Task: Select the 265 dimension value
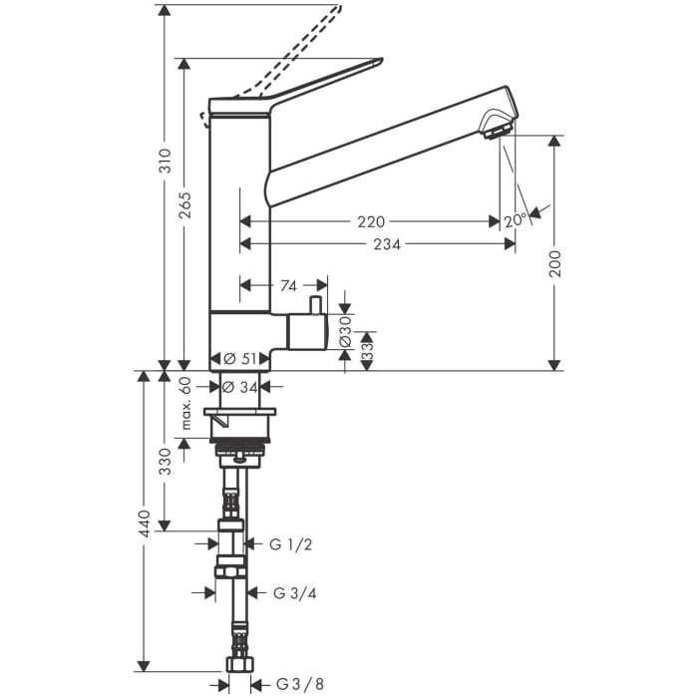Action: pos(185,205)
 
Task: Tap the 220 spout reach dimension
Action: pos(371,222)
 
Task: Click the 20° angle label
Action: pos(515,220)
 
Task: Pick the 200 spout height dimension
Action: pos(555,262)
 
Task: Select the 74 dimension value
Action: pos(288,286)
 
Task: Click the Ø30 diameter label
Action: pos(345,327)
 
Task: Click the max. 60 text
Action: pos(185,404)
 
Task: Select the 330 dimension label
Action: pos(166,461)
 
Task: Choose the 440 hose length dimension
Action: pos(145,522)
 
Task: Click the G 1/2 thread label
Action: pos(290,544)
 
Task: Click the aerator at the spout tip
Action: pos(496,127)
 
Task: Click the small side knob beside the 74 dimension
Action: pos(314,305)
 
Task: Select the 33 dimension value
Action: pos(366,350)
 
